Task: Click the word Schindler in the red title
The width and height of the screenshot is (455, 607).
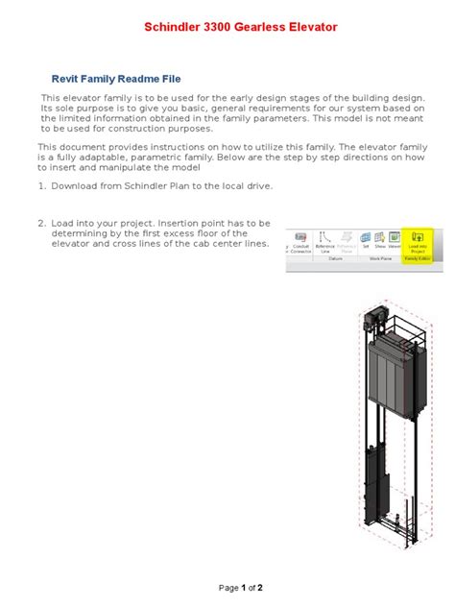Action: point(173,28)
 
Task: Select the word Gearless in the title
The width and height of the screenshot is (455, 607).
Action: point(272,28)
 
